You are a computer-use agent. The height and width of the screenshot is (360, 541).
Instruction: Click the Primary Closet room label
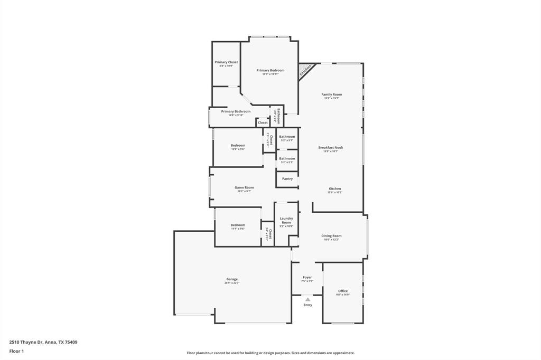click(226, 62)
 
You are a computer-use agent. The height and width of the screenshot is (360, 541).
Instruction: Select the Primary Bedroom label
click(270, 70)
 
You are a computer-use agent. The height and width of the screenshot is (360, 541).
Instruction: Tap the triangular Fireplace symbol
click(306, 70)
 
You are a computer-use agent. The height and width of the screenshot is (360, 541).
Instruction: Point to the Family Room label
click(331, 94)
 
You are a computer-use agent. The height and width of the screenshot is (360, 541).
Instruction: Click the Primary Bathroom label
click(236, 111)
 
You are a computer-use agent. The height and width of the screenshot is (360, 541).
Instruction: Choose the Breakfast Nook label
click(330, 148)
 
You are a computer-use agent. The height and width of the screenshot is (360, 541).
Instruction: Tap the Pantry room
click(287, 179)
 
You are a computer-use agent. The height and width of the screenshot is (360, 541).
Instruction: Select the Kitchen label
click(334, 188)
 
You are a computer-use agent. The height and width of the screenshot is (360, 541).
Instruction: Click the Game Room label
click(244, 187)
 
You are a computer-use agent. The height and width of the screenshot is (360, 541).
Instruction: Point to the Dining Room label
click(331, 236)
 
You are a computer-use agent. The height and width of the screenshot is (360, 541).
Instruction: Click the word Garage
click(232, 279)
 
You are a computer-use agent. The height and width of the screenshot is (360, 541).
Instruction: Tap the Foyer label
click(307, 277)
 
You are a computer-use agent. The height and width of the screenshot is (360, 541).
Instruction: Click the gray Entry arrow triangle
click(307, 299)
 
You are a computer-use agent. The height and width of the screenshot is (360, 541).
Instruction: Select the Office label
click(343, 291)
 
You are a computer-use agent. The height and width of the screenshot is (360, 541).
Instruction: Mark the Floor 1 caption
click(16, 351)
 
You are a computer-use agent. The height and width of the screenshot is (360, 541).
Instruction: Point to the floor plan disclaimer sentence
click(270, 353)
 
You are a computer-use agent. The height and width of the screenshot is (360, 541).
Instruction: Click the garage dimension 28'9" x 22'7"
click(232, 283)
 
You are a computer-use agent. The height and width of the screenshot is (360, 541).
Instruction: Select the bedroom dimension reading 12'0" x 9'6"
click(238, 149)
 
